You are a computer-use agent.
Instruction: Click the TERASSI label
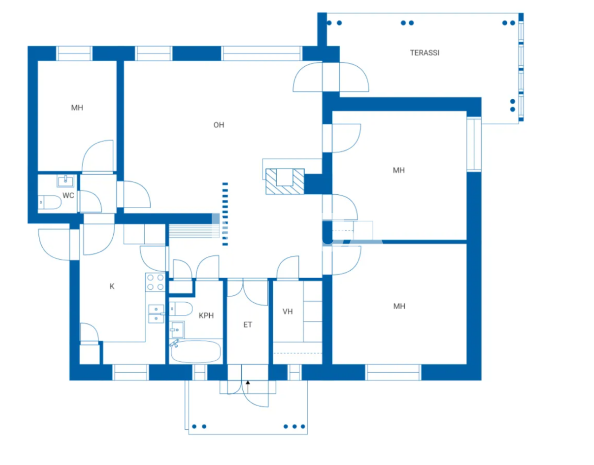point(424,53)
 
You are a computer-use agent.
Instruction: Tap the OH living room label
point(219,125)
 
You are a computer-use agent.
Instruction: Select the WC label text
point(68,196)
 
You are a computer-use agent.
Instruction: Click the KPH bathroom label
point(206,316)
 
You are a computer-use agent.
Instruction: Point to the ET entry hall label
point(248,325)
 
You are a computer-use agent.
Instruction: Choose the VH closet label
point(288,312)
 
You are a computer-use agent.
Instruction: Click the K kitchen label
point(112,287)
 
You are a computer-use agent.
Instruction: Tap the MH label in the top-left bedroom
point(77,108)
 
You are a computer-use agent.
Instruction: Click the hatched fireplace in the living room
point(284,181)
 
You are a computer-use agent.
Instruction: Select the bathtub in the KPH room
point(195,352)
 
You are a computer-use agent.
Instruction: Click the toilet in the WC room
point(49,203)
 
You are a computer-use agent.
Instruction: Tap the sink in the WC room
point(65,180)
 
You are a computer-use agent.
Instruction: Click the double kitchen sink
point(156,314)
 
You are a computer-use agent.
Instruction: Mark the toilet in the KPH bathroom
point(181,308)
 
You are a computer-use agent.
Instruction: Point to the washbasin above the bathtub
point(177,330)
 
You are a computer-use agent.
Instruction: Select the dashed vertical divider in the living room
point(225,214)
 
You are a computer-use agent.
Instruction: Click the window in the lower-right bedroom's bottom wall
point(393,372)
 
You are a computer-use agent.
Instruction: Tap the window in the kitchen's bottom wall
point(130,372)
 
